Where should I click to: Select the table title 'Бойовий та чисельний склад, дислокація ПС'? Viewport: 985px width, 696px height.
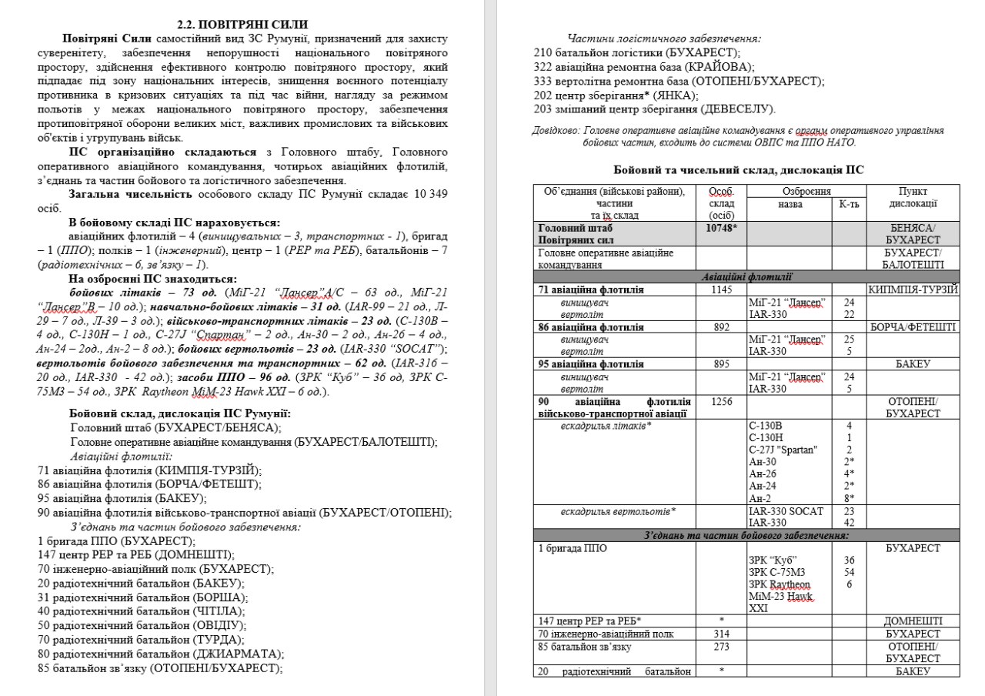[x=743, y=169]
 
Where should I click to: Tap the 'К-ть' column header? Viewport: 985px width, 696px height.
[x=850, y=203]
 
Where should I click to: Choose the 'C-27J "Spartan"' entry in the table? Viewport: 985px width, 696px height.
[x=783, y=450]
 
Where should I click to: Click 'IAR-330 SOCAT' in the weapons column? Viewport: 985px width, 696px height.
[x=786, y=510]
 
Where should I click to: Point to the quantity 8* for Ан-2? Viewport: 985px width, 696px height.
[x=850, y=498]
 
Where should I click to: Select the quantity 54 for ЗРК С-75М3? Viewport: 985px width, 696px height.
[x=850, y=572]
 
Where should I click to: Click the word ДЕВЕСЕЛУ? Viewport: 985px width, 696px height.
[x=742, y=109]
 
